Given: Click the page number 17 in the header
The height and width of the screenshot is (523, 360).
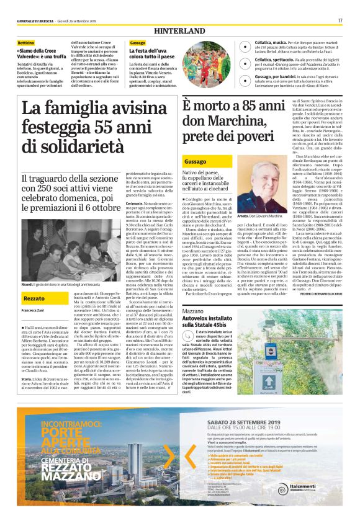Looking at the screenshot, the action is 341,20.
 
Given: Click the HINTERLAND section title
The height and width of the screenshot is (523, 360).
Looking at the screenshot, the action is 180,30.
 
